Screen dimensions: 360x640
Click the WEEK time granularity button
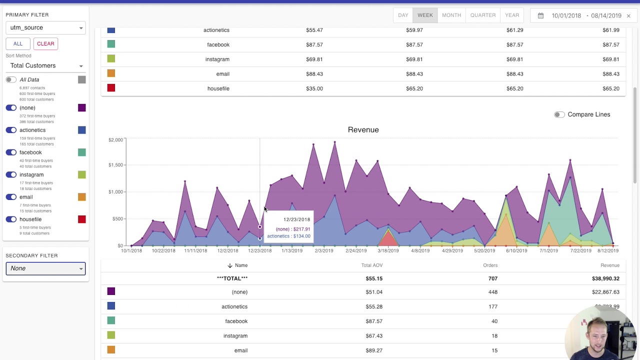tap(425, 15)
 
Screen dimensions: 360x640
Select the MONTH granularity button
tap(451, 15)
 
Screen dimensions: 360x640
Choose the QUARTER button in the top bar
tap(482, 15)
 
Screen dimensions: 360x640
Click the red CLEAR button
tap(45, 43)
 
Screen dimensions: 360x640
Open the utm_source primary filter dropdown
tap(45, 27)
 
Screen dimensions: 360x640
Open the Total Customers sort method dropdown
tap(45, 65)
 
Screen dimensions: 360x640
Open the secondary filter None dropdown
tap(45, 268)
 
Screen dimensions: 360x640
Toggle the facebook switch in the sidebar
tap(11, 152)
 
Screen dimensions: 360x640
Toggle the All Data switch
tap(11, 80)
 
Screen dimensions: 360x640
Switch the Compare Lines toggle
tap(559, 114)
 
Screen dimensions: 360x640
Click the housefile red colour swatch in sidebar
tap(82, 219)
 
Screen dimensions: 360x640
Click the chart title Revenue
tap(363, 130)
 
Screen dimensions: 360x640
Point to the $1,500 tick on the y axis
tap(115, 165)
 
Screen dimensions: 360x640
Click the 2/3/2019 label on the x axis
tap(323, 250)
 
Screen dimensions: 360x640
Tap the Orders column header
tap(490, 265)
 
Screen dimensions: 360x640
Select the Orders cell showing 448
tap(492, 292)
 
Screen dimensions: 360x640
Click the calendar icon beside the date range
tap(540, 15)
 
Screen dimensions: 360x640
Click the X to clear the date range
tap(628, 16)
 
